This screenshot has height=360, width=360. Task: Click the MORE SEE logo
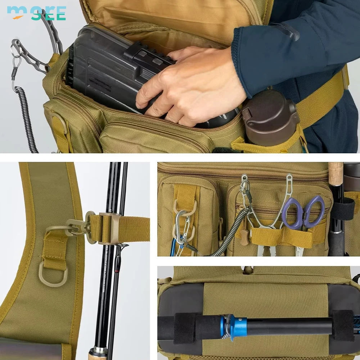click(36, 13)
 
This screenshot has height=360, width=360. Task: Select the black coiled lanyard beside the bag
click(27, 119)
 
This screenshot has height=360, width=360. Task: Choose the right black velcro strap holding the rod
click(342, 325)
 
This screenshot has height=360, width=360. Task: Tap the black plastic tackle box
click(115, 68)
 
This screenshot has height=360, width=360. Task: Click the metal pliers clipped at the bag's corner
click(32, 54)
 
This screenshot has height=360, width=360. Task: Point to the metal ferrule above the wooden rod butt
click(98, 351)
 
